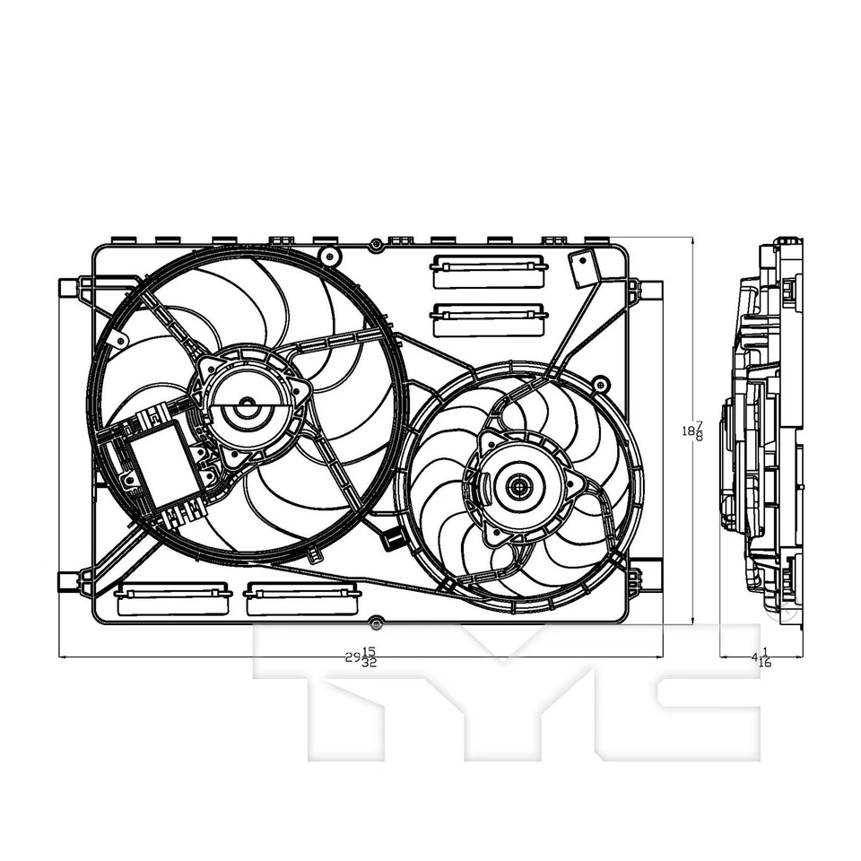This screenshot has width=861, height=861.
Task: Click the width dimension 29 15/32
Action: tap(361, 657)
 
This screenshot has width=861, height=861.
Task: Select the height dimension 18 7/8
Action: tap(692, 431)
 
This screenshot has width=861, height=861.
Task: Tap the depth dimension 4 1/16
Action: tap(761, 657)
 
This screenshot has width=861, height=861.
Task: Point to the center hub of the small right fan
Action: tap(518, 487)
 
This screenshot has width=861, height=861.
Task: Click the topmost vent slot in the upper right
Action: tap(489, 271)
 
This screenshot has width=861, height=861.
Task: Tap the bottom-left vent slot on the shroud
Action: tap(174, 599)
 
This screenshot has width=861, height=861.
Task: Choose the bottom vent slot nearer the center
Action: tap(303, 599)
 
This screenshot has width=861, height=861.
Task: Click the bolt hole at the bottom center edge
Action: tap(377, 622)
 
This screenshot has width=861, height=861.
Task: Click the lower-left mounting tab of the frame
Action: tap(69, 581)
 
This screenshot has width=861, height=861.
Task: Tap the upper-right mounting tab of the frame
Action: tap(651, 291)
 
